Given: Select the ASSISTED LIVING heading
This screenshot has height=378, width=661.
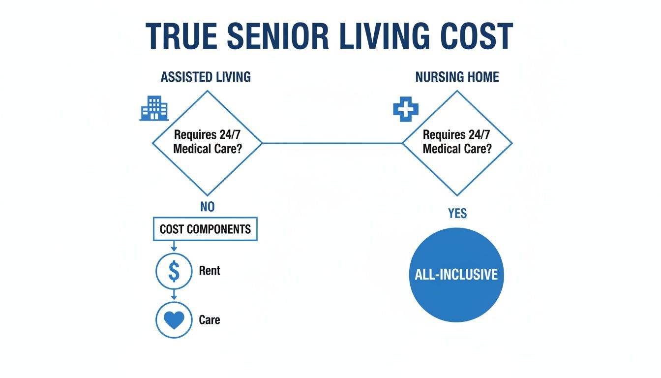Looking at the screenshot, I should coord(206,77).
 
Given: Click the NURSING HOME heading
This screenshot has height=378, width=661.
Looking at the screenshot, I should coord(457,77).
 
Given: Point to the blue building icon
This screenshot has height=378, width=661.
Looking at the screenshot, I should coord(154,109).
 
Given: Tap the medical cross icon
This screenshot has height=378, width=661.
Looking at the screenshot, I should coord(405,109).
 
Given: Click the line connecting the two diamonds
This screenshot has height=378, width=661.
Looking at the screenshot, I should coord(332,143).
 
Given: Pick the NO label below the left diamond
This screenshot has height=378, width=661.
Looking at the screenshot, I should coord(208,207).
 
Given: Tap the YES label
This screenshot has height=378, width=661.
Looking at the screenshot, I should coord(457,213).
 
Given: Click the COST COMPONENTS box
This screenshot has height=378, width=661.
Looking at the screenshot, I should coord(205,229).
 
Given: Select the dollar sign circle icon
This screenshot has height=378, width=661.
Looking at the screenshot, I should coord(174,271).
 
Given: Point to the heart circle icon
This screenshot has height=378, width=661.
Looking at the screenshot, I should coord(174,320).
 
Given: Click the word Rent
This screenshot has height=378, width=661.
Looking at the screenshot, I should coord(210,271).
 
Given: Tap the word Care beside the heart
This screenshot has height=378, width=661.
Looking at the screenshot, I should coord(210,320).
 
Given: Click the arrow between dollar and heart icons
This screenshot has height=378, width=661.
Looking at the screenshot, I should coord(174,295).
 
